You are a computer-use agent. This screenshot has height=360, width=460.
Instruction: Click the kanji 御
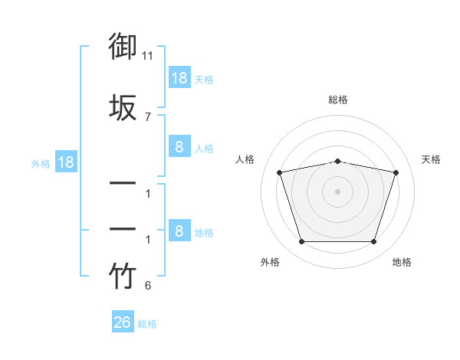(123, 46)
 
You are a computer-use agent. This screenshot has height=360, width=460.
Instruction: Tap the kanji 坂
(123, 107)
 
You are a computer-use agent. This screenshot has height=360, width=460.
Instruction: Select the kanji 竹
(123, 275)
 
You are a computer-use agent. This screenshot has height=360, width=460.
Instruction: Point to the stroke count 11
(147, 56)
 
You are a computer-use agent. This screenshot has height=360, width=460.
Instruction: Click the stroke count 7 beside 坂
(148, 117)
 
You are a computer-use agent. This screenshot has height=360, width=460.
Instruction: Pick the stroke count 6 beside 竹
(148, 285)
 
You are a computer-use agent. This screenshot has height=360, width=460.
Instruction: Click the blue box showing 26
(123, 321)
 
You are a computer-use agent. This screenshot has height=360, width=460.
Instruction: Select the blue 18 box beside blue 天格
(180, 77)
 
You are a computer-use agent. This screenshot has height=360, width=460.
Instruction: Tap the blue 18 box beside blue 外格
(66, 162)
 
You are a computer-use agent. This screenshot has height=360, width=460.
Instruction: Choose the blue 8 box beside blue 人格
(180, 146)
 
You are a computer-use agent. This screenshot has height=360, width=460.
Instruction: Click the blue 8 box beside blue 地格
(180, 230)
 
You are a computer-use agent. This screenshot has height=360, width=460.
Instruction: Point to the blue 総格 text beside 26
(147, 324)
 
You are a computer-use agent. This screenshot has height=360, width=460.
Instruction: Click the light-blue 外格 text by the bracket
(41, 164)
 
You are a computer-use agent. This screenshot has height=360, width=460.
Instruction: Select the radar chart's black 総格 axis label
(338, 100)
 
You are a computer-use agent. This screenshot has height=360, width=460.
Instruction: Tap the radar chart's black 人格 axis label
(245, 159)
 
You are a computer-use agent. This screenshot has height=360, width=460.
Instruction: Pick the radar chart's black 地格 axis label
(402, 262)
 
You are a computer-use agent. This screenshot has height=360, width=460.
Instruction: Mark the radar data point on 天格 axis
(396, 172)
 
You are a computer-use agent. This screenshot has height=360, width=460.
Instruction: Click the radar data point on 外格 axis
(302, 241)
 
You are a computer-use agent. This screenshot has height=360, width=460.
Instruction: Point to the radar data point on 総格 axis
(338, 162)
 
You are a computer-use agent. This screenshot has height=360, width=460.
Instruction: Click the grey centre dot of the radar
(337, 191)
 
